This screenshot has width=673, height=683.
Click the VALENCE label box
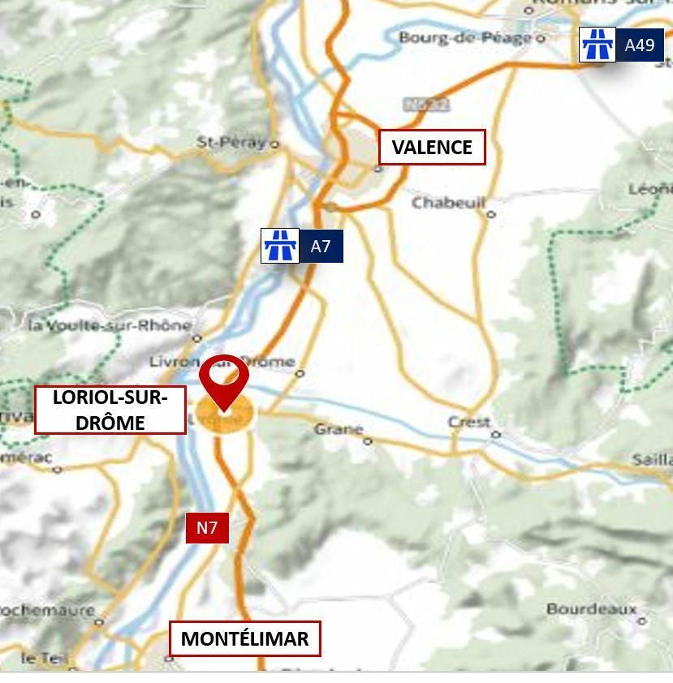point(432,148)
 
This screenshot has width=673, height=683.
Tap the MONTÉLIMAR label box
point(244,638)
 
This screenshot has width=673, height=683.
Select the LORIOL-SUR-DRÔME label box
point(110,410)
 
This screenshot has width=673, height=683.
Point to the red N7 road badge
point(207,528)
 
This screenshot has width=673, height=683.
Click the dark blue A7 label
point(321,246)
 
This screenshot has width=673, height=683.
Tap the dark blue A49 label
point(640,45)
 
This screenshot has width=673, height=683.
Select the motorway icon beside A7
point(280,246)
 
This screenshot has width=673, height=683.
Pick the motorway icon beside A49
point(598,45)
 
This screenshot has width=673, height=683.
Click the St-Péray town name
point(231,142)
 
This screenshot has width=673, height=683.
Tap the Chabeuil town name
point(447,202)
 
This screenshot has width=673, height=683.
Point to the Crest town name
point(469,422)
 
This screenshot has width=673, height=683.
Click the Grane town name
point(338,428)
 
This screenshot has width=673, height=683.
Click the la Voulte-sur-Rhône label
point(109,325)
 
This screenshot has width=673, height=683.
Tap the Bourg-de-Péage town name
point(466,37)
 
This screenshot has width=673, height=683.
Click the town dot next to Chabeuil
point(491,214)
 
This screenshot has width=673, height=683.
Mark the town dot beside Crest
point(496,434)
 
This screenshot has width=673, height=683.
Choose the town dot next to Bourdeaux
point(642,621)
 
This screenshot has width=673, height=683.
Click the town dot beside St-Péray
point(274,144)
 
